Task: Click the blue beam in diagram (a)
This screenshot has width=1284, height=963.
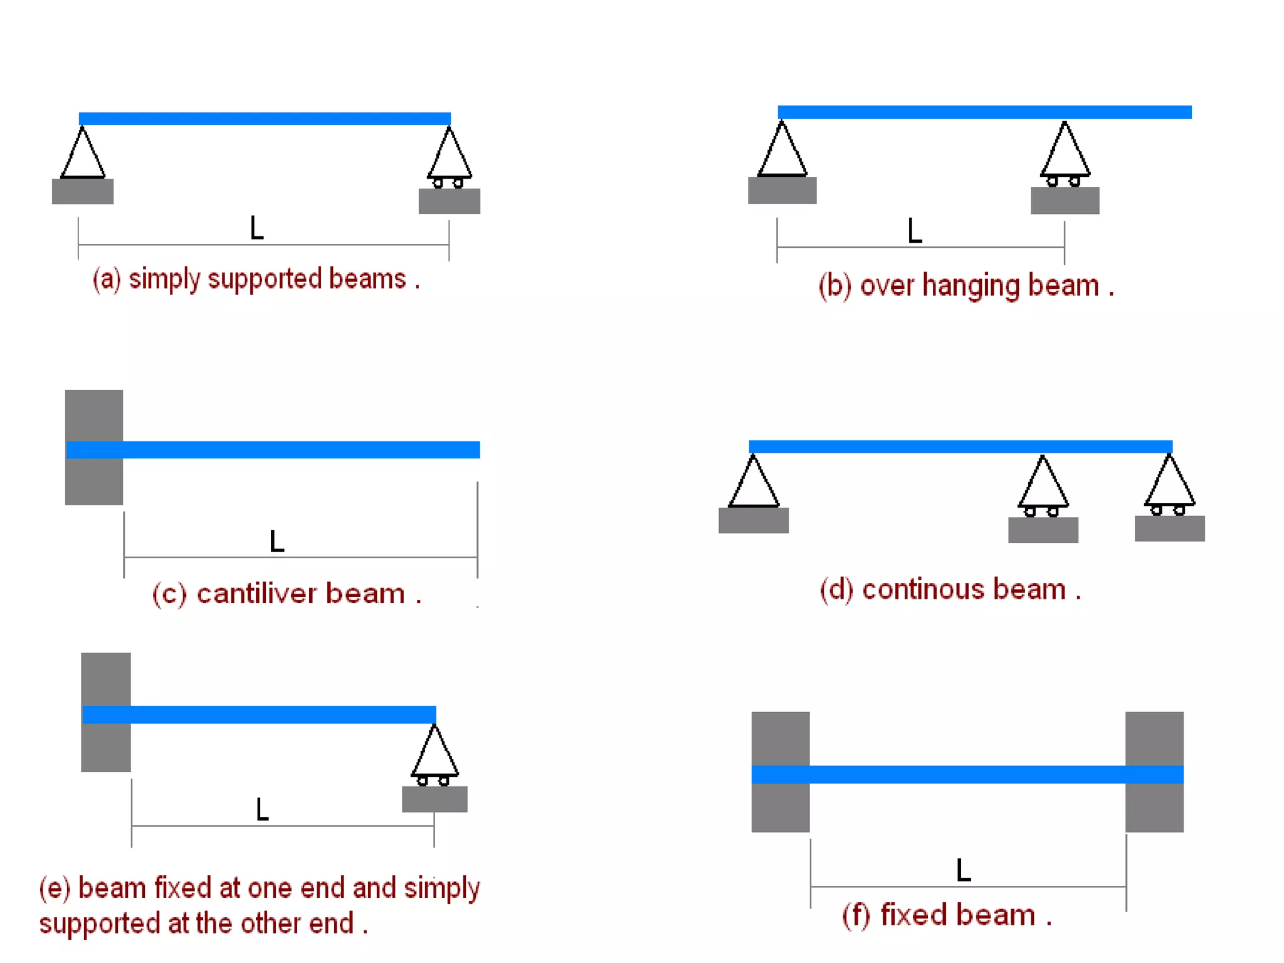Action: [265, 118]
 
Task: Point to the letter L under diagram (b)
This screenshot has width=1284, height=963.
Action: [915, 231]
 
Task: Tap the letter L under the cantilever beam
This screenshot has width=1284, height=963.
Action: [276, 541]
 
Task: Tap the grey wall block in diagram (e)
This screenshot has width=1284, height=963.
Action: [106, 677]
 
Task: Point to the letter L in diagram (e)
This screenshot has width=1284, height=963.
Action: [262, 809]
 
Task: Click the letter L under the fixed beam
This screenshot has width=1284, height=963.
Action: [964, 870]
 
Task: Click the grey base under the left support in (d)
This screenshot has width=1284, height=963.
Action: [754, 520]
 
